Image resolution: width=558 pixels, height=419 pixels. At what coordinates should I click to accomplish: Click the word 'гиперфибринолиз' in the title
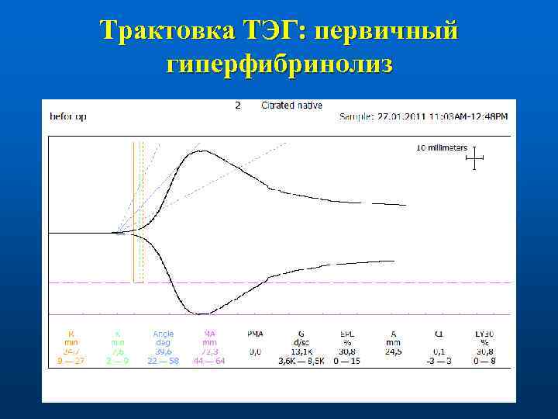[279, 64]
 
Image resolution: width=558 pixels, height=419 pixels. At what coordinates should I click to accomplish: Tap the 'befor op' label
[68, 116]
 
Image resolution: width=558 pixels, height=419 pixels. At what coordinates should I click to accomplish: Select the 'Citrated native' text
[292, 106]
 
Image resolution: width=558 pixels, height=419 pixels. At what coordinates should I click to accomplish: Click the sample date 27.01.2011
[394, 117]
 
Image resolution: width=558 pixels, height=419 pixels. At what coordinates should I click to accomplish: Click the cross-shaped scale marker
[474, 160]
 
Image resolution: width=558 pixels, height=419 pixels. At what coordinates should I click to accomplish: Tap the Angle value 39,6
[164, 351]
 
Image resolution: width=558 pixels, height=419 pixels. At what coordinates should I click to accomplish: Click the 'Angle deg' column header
[164, 338]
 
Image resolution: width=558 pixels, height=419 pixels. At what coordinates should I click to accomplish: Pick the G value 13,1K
[300, 351]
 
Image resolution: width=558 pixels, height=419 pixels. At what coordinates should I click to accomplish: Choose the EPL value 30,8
[347, 351]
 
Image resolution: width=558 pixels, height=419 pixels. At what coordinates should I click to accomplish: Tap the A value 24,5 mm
[392, 351]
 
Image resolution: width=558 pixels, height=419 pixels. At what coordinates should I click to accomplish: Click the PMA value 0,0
[255, 351]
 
